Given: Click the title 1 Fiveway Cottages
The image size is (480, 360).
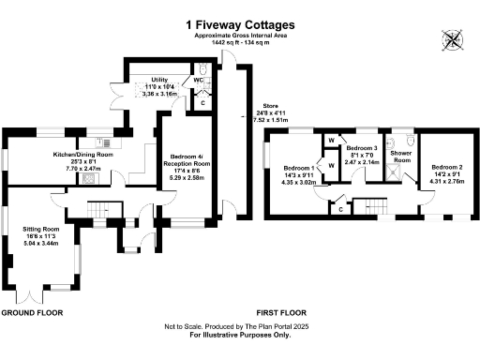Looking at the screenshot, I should pyautogui.click(x=240, y=23).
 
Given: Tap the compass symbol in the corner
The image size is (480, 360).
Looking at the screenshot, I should pyautogui.click(x=454, y=40).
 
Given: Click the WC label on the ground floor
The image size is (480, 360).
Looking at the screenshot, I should pyautogui.click(x=199, y=81).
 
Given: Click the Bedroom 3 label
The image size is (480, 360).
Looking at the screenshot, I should pyautogui.click(x=361, y=149).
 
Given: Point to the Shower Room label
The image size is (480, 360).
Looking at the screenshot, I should pyautogui.click(x=401, y=156).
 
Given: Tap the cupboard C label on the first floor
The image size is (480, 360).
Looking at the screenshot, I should pyautogui.click(x=339, y=209).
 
